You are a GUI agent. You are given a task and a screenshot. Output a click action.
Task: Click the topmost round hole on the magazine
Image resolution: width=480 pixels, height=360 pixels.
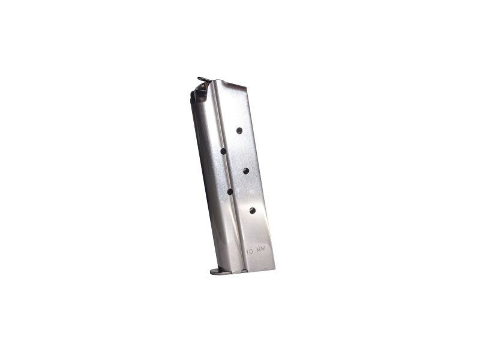(239, 130)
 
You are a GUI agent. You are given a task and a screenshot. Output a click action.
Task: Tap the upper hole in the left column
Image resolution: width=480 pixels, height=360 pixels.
(223, 151)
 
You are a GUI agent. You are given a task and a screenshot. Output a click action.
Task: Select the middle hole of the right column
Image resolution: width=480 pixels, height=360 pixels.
(246, 171)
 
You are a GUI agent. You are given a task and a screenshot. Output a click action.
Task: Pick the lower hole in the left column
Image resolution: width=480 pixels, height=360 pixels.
(230, 191)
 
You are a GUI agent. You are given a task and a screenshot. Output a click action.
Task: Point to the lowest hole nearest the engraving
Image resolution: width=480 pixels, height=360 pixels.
(252, 210)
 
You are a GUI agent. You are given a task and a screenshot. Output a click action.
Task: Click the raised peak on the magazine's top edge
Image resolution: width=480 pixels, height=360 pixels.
(215, 81)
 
